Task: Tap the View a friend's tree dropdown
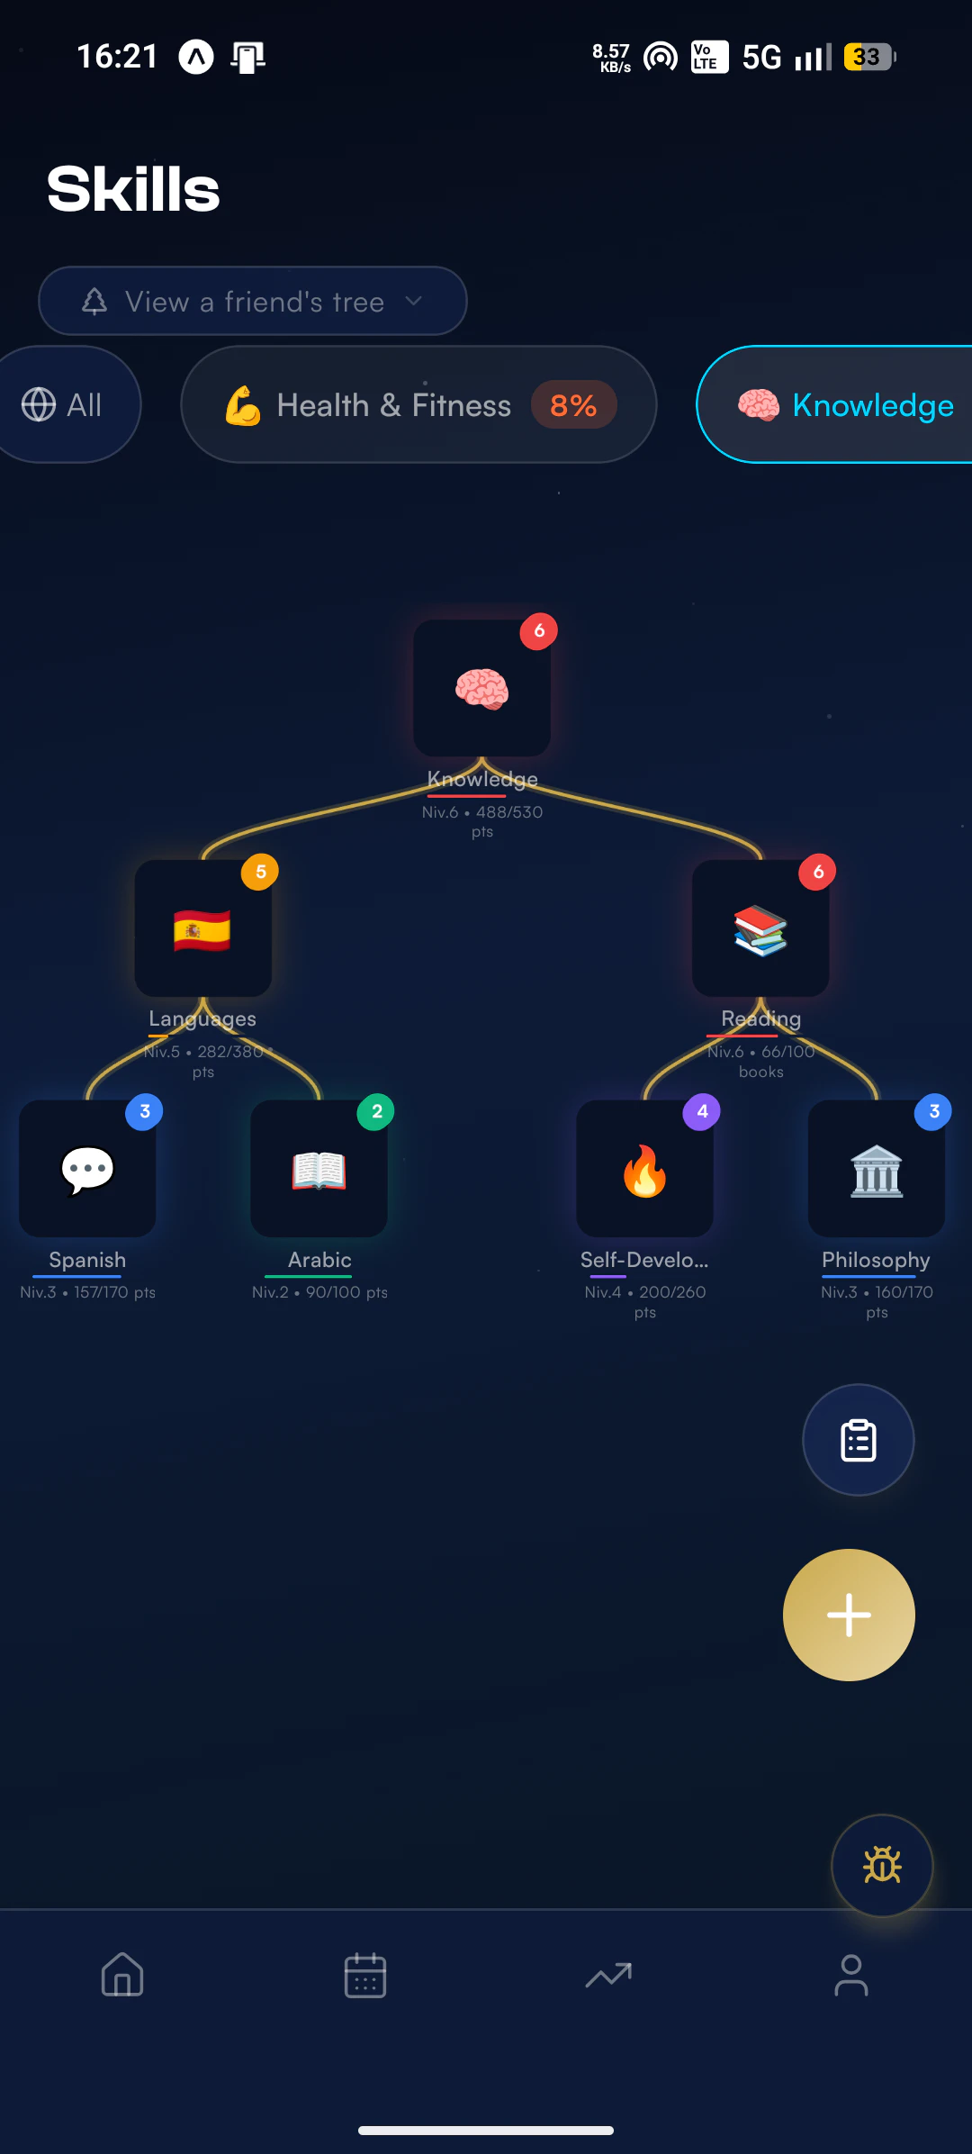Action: tap(252, 301)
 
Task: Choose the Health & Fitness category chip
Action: tap(418, 404)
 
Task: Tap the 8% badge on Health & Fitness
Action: tap(573, 405)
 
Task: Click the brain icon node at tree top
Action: tap(481, 688)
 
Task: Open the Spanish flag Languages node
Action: tap(202, 928)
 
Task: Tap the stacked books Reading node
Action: tap(760, 928)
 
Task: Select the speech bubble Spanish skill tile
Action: tap(87, 1169)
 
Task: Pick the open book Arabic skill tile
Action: tap(319, 1169)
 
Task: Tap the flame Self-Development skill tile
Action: tap(644, 1169)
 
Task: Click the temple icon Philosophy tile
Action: tap(877, 1169)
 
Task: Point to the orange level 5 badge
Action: tap(260, 872)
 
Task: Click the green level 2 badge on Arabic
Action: tap(376, 1112)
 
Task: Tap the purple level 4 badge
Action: tap(702, 1112)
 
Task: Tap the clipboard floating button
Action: tap(859, 1440)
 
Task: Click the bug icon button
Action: tap(882, 1865)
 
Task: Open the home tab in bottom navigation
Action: tap(122, 1975)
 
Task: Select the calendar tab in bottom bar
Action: tap(365, 1975)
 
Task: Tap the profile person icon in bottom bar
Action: tap(851, 1975)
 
